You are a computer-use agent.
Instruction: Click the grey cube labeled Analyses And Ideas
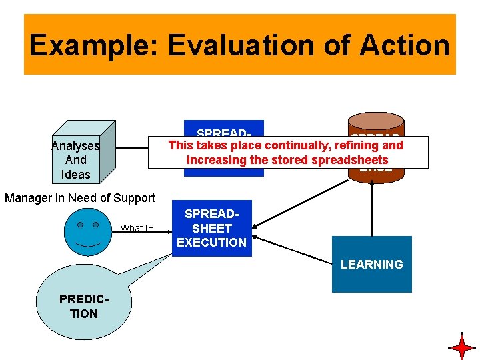(83, 151)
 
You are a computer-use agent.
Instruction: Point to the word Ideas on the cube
(75, 175)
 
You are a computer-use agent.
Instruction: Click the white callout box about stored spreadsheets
(287, 152)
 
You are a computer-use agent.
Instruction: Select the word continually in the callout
(299, 145)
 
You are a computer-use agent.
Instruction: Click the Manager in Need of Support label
(79, 197)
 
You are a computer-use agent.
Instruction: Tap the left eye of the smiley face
(80, 225)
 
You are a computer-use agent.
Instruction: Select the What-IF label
(137, 229)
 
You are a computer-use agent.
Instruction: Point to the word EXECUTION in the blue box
(211, 243)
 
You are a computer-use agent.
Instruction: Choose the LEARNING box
(371, 265)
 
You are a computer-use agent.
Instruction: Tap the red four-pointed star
(461, 346)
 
